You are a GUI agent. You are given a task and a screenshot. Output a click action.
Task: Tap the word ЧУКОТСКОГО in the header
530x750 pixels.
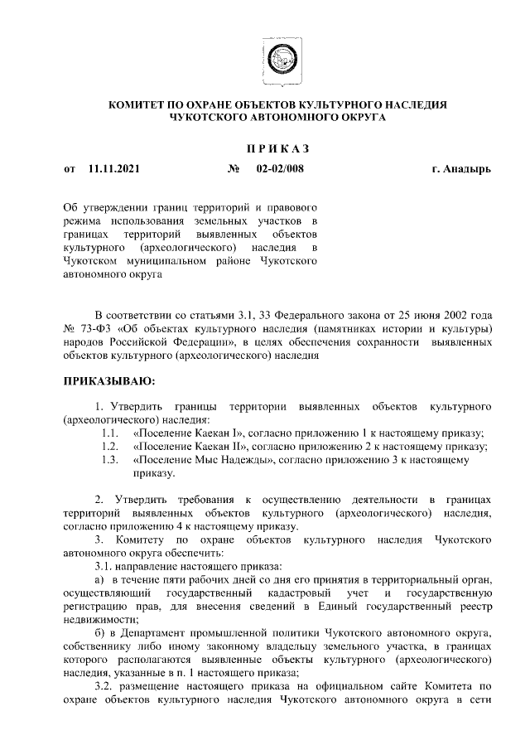(210, 119)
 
